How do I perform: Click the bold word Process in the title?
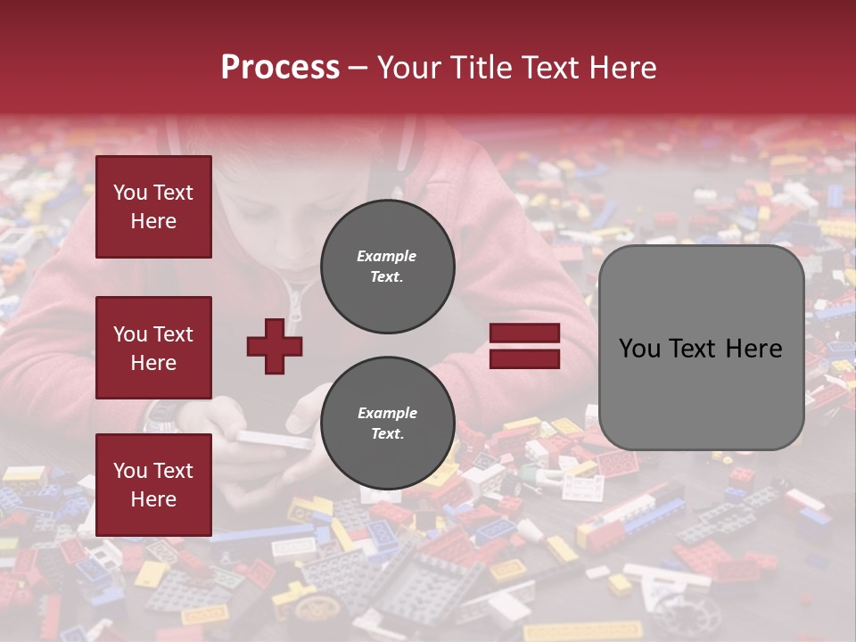(280, 68)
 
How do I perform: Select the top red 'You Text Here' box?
(153, 207)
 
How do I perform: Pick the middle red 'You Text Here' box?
(153, 348)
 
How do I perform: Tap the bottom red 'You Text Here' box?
(153, 484)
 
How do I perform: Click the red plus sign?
(275, 346)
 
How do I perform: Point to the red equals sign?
(525, 346)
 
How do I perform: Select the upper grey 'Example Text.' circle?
(387, 267)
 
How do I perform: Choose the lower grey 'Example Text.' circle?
(387, 424)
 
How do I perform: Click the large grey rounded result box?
(701, 348)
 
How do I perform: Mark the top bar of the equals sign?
(525, 333)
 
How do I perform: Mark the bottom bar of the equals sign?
(525, 358)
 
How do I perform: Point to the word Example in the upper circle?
(387, 256)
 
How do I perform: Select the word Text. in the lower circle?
(387, 434)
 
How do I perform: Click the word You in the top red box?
(130, 193)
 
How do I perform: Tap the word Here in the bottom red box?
(153, 499)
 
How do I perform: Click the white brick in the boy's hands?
(273, 438)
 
